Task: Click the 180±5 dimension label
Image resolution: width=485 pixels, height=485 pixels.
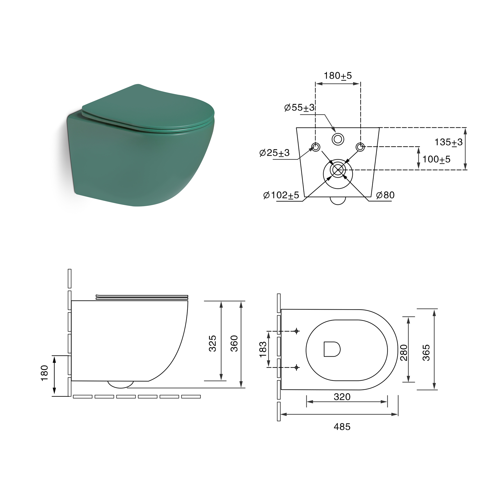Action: [338, 76]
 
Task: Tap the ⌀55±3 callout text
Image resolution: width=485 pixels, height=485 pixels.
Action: [299, 108]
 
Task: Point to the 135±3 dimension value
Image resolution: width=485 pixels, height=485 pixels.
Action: [448, 142]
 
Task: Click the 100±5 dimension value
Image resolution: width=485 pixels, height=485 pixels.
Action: [436, 159]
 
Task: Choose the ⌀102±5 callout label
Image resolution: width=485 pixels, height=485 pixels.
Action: [281, 195]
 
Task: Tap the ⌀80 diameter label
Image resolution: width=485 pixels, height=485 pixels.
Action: [385, 195]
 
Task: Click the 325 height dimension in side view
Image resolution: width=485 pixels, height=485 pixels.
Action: [213, 343]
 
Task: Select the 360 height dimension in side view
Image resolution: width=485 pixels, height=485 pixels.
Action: [234, 343]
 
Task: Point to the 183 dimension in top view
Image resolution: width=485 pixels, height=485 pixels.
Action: [263, 349]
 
